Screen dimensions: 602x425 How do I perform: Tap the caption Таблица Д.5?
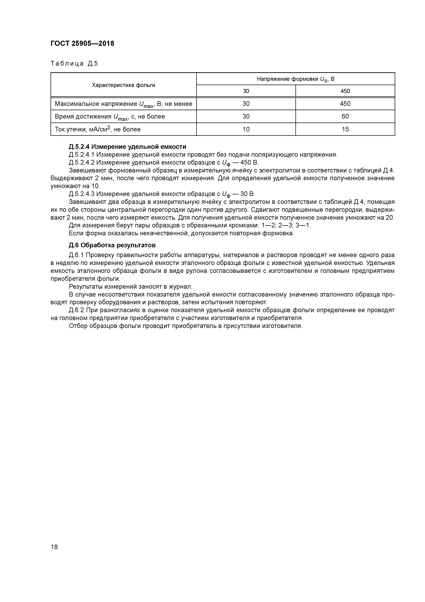point(74,63)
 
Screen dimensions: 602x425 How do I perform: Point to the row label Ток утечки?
point(97,129)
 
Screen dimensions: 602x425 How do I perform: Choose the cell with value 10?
point(246,129)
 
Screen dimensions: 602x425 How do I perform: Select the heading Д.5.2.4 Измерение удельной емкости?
point(127,147)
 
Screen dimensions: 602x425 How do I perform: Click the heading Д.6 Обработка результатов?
point(112,245)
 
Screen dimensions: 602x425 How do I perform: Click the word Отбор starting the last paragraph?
point(78,326)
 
